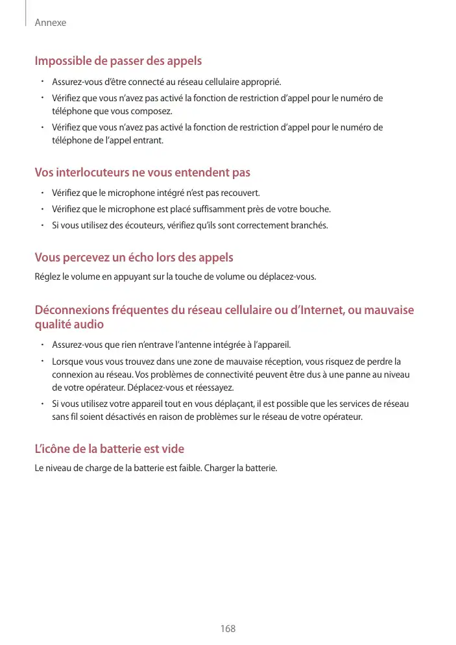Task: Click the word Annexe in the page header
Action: click(51, 23)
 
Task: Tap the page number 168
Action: click(228, 629)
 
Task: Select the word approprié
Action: click(261, 82)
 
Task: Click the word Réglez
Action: click(47, 277)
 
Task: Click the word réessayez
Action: click(213, 387)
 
